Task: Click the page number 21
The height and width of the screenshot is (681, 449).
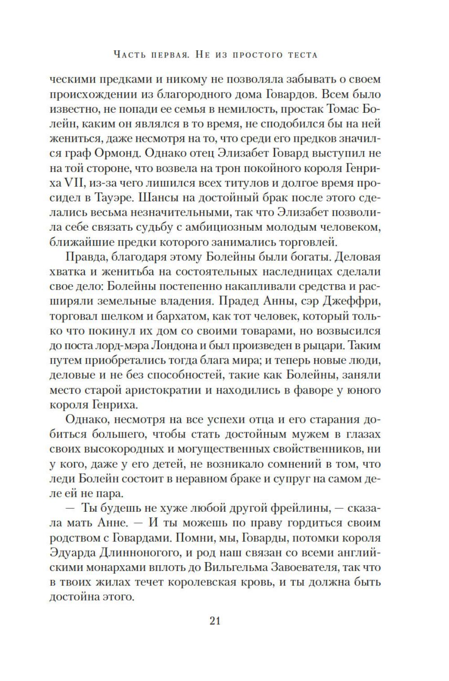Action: [x=214, y=621]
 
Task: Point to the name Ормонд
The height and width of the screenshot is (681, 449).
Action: [x=118, y=153]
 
